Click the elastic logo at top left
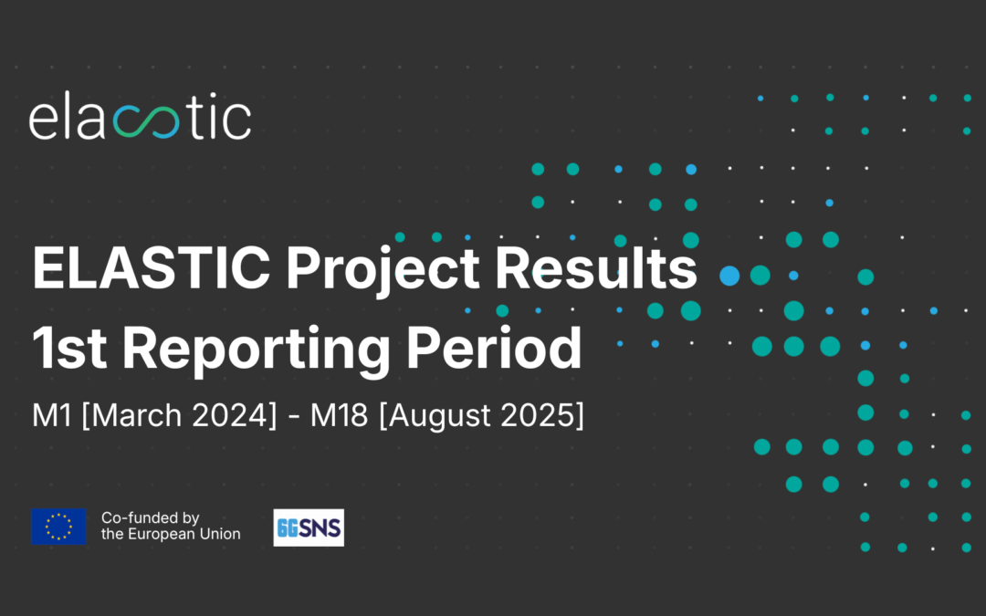point(140,120)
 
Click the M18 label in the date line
point(339,416)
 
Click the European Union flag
point(59,527)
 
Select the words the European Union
point(171,534)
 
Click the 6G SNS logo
point(309,527)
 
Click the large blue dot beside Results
point(729,275)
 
